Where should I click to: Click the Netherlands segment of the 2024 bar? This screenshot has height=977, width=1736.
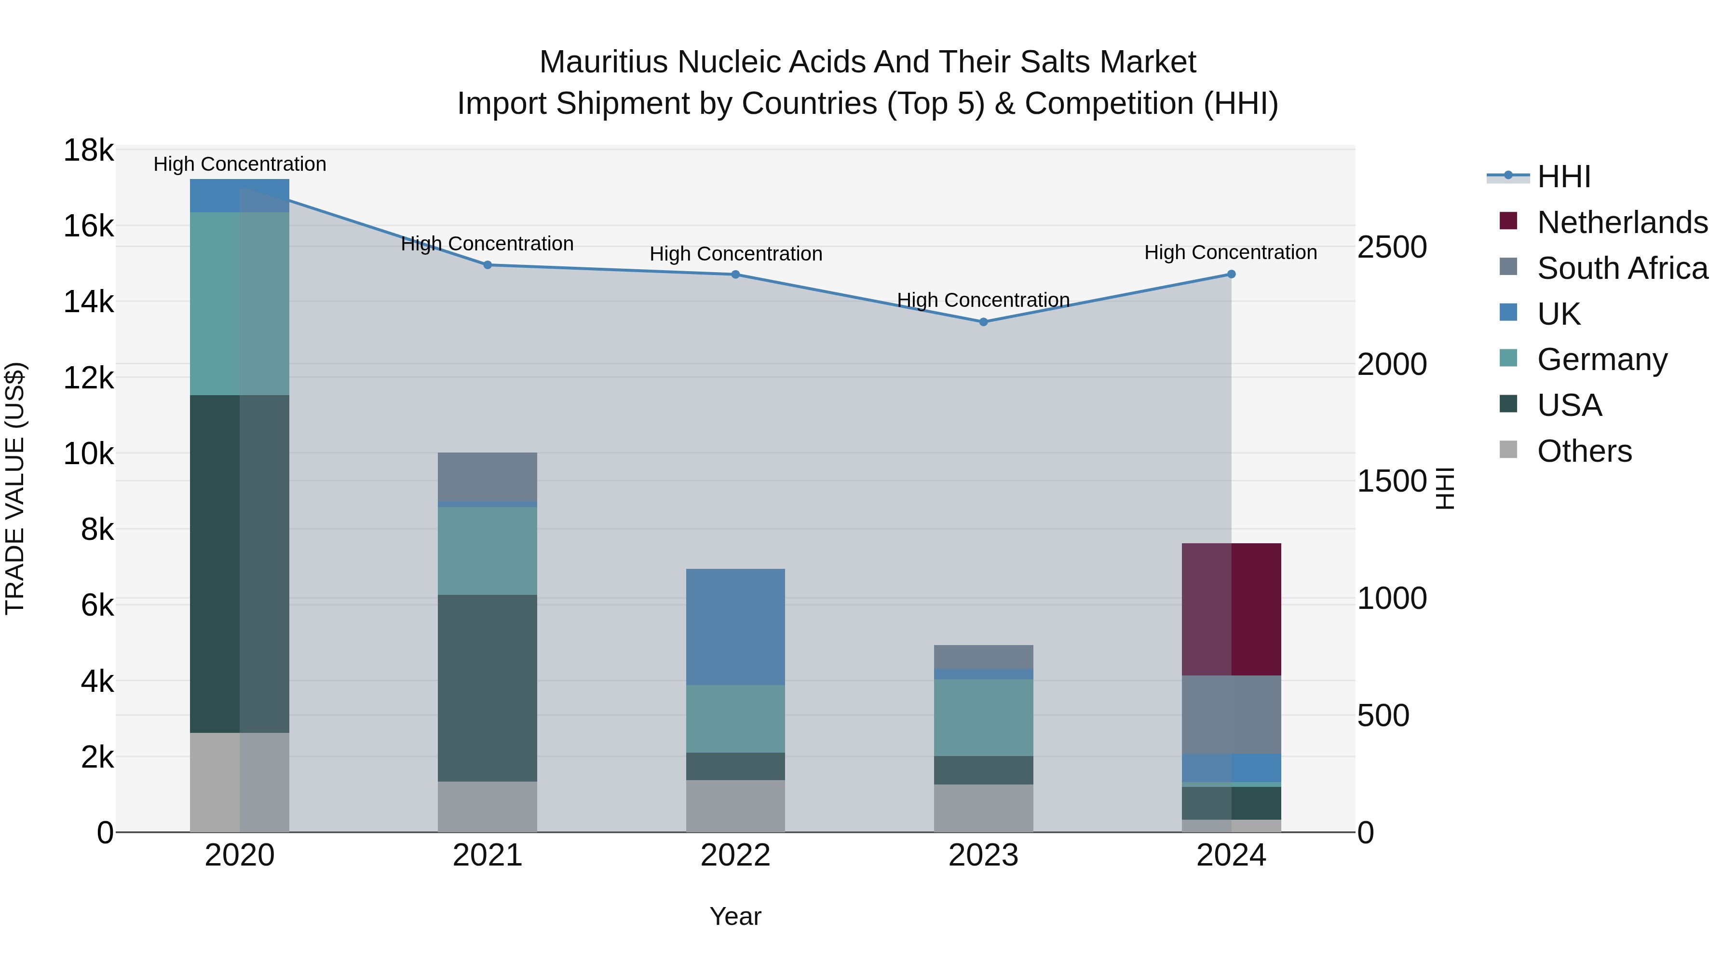[x=1231, y=609]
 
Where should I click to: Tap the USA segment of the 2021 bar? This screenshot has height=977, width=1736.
[x=487, y=688]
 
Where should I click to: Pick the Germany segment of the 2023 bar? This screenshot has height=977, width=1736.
[x=983, y=717]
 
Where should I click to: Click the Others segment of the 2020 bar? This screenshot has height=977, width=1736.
[x=239, y=782]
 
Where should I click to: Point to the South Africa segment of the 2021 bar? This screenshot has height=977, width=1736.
[x=487, y=477]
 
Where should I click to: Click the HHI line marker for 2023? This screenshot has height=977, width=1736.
[x=983, y=322]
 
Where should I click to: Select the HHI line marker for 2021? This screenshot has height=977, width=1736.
[x=487, y=265]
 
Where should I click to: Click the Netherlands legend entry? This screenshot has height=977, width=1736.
[x=1622, y=222]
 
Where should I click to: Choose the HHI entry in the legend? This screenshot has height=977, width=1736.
[x=1563, y=177]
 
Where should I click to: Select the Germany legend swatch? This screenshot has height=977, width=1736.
[x=1508, y=358]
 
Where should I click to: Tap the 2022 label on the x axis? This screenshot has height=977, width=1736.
[x=735, y=855]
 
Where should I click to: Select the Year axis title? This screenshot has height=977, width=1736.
[x=735, y=916]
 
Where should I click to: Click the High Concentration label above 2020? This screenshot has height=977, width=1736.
[x=239, y=164]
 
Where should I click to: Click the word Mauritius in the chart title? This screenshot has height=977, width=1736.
[x=604, y=62]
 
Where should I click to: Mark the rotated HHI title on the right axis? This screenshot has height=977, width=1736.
[x=1446, y=488]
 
